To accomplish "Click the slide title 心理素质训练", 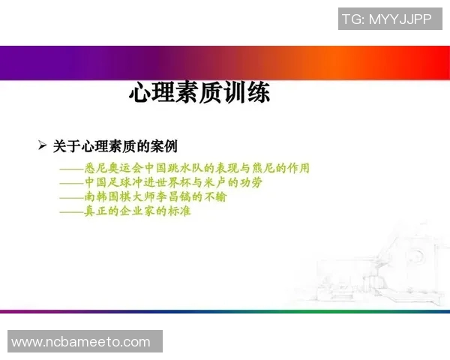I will coord(199,94).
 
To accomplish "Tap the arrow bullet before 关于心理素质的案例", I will coord(43,145).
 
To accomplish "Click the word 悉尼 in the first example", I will coord(95,168).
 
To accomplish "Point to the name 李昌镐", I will coord(176,196).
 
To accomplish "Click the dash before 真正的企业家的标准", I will coord(71,211).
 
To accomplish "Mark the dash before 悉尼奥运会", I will coord(71,169).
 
